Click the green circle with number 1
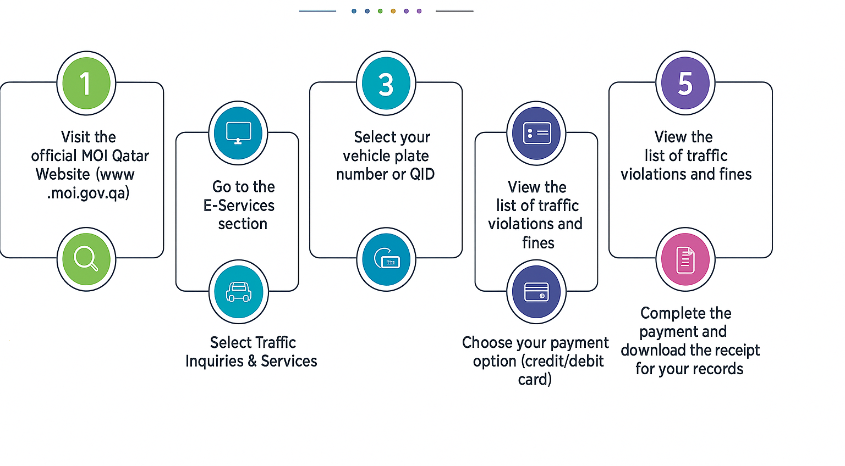tap(86, 84)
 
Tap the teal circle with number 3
tap(386, 84)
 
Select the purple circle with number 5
tap(685, 84)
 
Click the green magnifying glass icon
tap(86, 259)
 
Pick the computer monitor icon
tap(238, 133)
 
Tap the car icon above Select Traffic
tap(238, 291)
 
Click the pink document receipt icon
tap(685, 259)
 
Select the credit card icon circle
tap(536, 291)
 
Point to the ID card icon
tap(536, 133)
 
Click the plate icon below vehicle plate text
tap(386, 259)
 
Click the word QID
tap(422, 174)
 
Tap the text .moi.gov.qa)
tap(89, 193)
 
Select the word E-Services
tap(239, 206)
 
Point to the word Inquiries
tap(214, 361)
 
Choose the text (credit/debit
tap(538, 361)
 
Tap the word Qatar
tap(130, 156)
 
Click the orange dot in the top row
tap(393, 11)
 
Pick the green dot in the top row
tap(380, 11)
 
